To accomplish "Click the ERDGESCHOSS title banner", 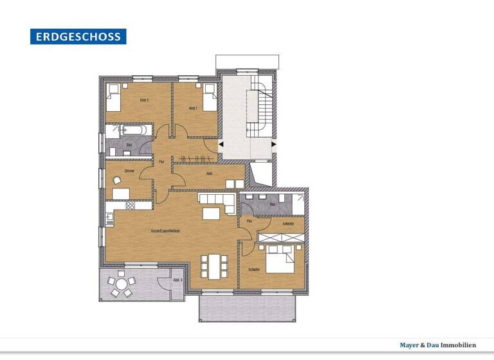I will tap(78, 37).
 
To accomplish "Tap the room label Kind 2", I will tap(144, 100).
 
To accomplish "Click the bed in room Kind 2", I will tap(116, 97).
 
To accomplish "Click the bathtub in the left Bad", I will tap(136, 130).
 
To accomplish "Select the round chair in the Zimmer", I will tap(116, 181).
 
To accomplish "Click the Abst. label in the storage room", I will tap(210, 173).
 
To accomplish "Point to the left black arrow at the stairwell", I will tap(221, 145).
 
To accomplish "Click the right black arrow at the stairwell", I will tap(274, 145).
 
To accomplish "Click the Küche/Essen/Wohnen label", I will tap(165, 231).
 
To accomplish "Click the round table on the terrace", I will tap(120, 284).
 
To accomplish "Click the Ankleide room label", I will tap(288, 223).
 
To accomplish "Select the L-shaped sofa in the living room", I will tap(219, 204).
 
